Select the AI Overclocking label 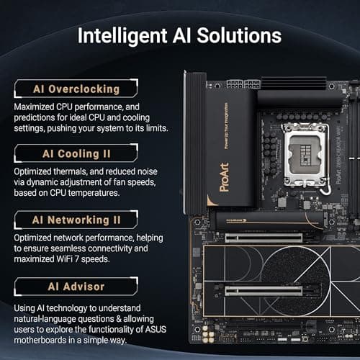coord(76,89)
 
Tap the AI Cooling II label coord(76,153)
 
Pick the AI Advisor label coord(76,287)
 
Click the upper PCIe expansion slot coord(264,235)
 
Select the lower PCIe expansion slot coord(264,290)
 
